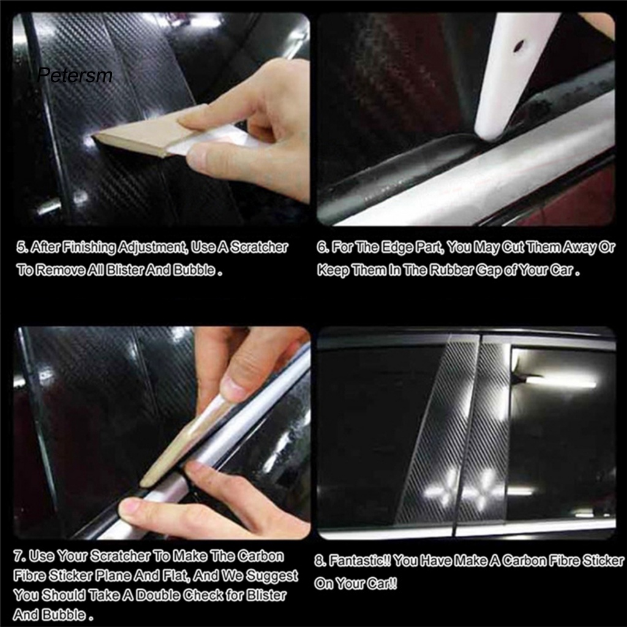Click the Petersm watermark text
(x=75, y=75)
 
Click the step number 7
(x=18, y=556)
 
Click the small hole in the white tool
(x=519, y=45)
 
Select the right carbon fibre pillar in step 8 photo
(x=487, y=429)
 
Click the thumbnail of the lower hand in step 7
(x=130, y=508)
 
